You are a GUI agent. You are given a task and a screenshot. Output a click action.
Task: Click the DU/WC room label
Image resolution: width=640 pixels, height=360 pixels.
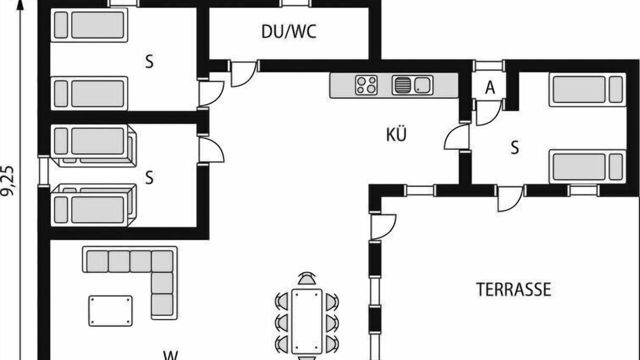point(289,31)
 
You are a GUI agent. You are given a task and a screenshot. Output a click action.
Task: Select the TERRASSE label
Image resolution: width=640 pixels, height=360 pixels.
point(513,289)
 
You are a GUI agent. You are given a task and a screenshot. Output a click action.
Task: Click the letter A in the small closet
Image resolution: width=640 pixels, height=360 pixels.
point(490,87)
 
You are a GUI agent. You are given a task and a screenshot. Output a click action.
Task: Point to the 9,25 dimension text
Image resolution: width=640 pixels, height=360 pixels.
point(7,181)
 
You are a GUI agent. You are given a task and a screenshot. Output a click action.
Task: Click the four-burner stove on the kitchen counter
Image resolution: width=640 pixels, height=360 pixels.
point(366,85)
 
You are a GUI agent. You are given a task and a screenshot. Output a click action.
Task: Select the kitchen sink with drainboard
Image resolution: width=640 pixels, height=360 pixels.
point(412,85)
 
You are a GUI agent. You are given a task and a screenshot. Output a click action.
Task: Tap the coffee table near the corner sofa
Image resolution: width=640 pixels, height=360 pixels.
point(110,311)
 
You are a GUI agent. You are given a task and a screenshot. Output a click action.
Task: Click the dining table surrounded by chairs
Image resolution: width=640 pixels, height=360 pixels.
point(307,321)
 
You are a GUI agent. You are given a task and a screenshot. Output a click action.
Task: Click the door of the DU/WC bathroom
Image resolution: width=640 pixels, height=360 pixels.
point(243,73)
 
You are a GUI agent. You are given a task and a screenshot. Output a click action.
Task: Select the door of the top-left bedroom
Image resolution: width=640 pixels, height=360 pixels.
point(210,93)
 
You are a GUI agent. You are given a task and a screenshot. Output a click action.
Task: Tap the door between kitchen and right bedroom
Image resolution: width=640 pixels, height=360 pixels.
point(457,136)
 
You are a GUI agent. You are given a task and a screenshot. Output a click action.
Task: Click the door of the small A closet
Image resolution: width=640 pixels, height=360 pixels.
point(488,112)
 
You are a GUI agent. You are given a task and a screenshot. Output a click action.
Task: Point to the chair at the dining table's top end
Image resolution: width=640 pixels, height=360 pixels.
point(307,278)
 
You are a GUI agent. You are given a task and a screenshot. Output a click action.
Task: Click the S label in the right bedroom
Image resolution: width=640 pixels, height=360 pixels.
point(514,148)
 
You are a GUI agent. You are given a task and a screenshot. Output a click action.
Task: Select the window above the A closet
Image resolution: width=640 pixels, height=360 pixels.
point(488,65)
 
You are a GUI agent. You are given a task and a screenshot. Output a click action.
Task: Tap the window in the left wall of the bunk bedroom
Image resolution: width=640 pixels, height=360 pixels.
point(43,171)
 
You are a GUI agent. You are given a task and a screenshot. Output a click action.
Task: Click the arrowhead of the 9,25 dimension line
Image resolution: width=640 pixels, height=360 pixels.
point(20,5)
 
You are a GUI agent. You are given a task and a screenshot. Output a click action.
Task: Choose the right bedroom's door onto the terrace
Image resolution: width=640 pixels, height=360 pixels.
point(510,198)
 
